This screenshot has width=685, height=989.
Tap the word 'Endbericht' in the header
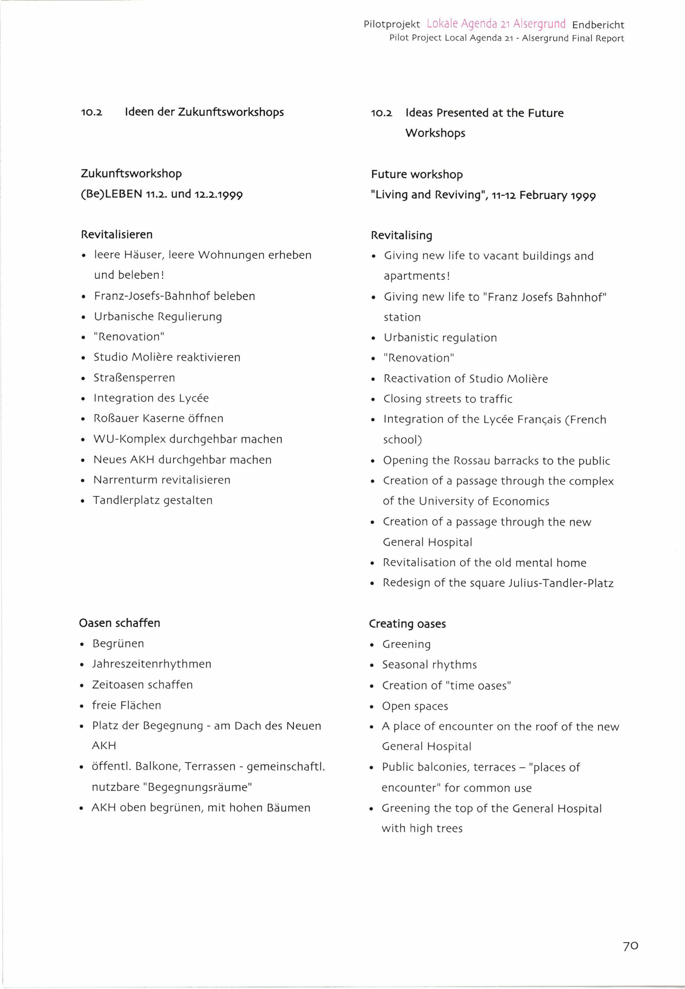[598, 25]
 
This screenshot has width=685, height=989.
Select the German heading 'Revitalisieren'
[117, 234]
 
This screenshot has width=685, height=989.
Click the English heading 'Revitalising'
[401, 235]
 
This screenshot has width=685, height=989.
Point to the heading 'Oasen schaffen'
[119, 623]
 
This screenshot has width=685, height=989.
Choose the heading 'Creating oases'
[407, 624]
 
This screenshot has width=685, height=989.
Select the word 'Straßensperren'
[134, 378]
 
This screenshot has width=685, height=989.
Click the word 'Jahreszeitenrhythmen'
[151, 664]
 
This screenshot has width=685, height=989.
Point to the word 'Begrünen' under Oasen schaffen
[118, 643]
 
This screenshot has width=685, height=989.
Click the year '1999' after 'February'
[583, 196]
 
